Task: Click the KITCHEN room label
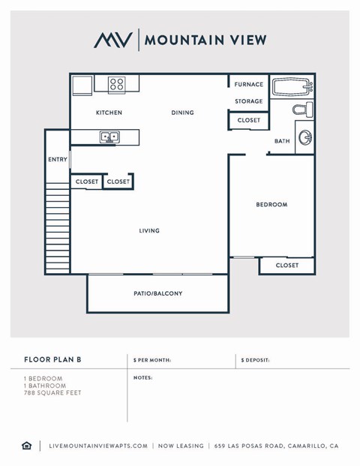click(x=109, y=113)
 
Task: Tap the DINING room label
click(x=182, y=113)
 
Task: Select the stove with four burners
click(x=116, y=84)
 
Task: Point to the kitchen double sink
click(x=110, y=137)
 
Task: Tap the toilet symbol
click(x=301, y=110)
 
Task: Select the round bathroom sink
click(x=305, y=137)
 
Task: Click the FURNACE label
click(x=249, y=85)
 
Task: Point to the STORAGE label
click(x=249, y=101)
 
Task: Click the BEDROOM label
click(x=271, y=204)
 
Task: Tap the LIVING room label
click(x=149, y=230)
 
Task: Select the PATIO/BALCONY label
click(x=157, y=293)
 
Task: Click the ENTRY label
click(x=58, y=159)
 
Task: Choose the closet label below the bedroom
click(x=286, y=265)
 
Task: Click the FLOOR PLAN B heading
click(x=52, y=360)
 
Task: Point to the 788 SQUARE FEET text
click(x=52, y=392)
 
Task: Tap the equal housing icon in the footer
click(x=26, y=446)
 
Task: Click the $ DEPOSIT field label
click(x=256, y=360)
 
